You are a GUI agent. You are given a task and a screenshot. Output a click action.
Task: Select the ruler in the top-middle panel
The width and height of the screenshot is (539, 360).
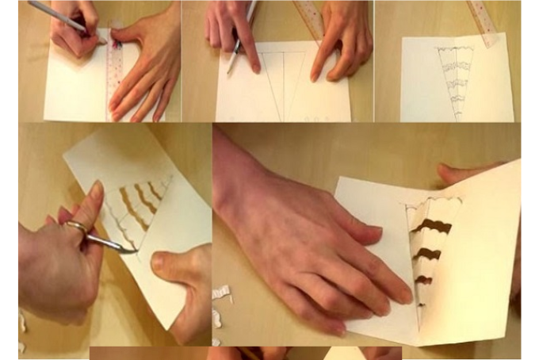pos(310,19)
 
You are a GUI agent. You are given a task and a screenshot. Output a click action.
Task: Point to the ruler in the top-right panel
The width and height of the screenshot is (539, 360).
pos(482,22)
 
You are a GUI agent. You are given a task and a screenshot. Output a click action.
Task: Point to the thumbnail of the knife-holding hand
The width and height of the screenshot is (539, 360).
pos(96,190)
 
